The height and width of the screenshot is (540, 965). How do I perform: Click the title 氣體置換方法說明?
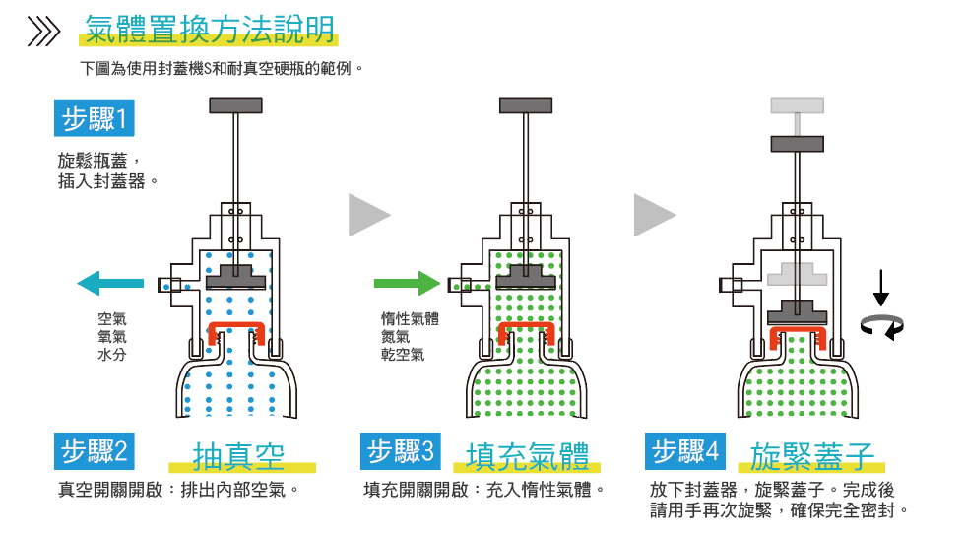(x=210, y=30)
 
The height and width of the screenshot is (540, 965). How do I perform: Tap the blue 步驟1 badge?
(x=94, y=120)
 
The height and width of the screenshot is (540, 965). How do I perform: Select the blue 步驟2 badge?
(x=94, y=452)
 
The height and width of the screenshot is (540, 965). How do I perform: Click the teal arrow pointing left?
(x=109, y=285)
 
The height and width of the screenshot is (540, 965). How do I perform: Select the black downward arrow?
(x=881, y=285)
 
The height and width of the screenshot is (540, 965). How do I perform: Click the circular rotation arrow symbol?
(x=882, y=325)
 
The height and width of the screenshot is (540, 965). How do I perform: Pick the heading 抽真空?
(x=239, y=456)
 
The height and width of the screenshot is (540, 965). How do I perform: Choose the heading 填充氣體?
(x=528, y=456)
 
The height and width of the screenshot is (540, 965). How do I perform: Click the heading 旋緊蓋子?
(x=810, y=456)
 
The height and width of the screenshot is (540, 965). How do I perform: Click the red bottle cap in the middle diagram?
(x=527, y=332)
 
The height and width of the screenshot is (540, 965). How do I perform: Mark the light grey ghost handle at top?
(x=797, y=104)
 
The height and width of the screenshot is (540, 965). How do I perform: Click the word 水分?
(x=111, y=355)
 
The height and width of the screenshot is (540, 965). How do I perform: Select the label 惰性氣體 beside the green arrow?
(x=410, y=318)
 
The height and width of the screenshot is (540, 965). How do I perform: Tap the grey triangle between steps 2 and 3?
(x=368, y=215)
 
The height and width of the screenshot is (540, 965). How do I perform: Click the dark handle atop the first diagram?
(x=235, y=104)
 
